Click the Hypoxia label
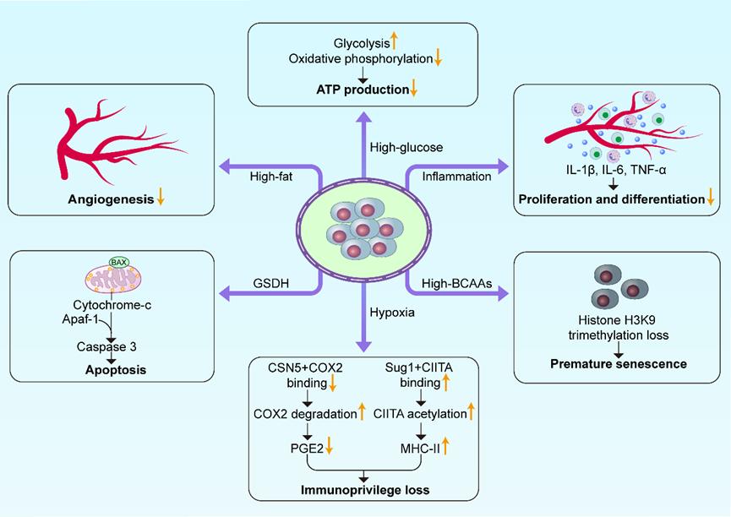pos(390,314)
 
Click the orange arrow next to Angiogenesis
pos(160,200)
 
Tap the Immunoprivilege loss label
pos(364,489)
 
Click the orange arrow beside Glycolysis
pos(394,41)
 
